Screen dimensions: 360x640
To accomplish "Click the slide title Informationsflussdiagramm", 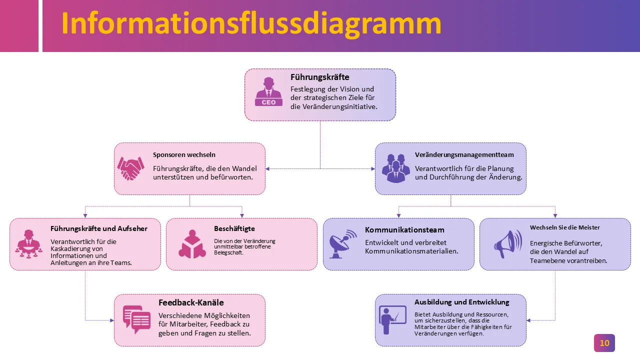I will pos(251,23).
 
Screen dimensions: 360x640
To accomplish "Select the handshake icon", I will pos(130,168).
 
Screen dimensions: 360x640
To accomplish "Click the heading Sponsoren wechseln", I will pos(184,155).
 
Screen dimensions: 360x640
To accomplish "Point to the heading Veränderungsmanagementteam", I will pos(464,155).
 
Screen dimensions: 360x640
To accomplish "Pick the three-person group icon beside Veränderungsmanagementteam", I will pos(395,168).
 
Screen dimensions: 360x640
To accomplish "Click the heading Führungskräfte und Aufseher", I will pos(99,228).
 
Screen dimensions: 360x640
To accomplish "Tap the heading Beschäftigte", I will pos(234,228).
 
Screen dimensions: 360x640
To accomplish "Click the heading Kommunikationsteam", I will pos(404,230).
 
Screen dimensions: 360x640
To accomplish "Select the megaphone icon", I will pos(507,244).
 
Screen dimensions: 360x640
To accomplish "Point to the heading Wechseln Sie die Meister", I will pos(565,227).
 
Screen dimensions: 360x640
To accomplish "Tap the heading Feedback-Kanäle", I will pos(191,302).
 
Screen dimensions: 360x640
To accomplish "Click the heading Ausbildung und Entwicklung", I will pos(462,302).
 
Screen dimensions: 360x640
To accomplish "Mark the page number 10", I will pos(604,343).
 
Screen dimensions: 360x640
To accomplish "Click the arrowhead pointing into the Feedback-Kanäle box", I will pos(111,320).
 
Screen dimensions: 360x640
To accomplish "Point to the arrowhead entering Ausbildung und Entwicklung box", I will pos(529,320).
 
